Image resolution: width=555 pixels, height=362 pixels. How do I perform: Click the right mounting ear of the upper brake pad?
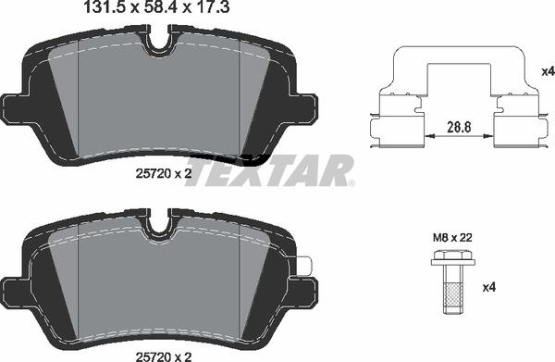click(x=304, y=106)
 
